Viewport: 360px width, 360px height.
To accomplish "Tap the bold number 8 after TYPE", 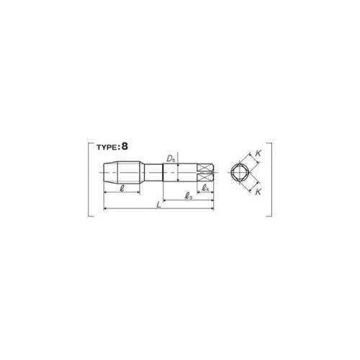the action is coord(125,146).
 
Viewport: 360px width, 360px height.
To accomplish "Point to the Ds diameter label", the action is coord(171,158).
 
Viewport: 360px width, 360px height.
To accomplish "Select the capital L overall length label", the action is coord(158,204).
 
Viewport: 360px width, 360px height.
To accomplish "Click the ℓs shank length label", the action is coord(189,197).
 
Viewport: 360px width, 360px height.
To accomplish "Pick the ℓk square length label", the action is coord(205,188).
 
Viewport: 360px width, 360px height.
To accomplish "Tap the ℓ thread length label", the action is coord(122,188).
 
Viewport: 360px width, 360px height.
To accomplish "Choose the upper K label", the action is coord(258,153).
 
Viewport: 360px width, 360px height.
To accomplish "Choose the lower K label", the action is coord(258,192).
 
